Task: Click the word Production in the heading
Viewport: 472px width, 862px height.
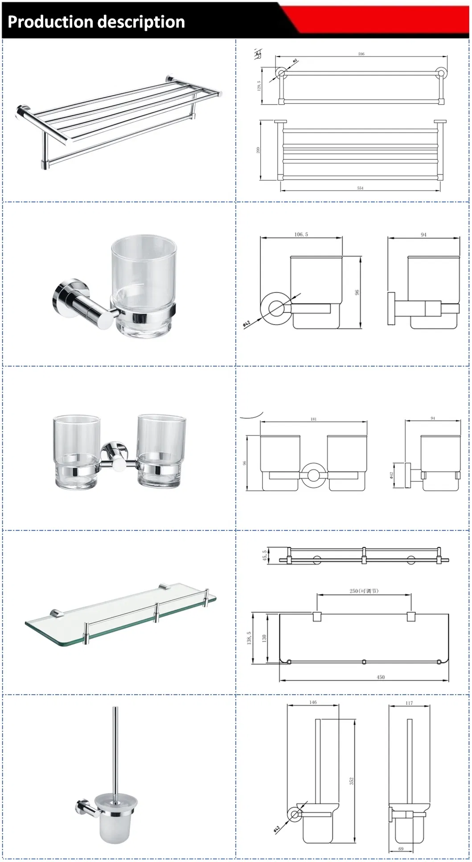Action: click(50, 22)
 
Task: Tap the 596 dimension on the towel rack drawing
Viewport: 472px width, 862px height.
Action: click(361, 54)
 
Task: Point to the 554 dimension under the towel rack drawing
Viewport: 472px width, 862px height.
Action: click(360, 188)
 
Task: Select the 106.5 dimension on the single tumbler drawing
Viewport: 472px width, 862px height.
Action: click(301, 234)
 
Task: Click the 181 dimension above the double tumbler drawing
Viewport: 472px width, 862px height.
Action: click(313, 419)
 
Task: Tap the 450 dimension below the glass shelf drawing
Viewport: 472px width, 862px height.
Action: click(380, 677)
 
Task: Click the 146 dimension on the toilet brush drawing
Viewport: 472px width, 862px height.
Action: click(313, 702)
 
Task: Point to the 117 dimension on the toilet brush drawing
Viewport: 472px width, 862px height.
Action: click(409, 703)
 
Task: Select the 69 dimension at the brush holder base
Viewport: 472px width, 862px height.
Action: click(401, 849)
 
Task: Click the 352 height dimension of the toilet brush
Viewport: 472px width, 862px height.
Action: click(351, 781)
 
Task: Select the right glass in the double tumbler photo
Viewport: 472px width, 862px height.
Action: click(161, 450)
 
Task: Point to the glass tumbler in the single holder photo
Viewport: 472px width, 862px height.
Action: click(144, 285)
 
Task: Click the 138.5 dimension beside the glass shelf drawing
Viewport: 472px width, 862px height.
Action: click(249, 638)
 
